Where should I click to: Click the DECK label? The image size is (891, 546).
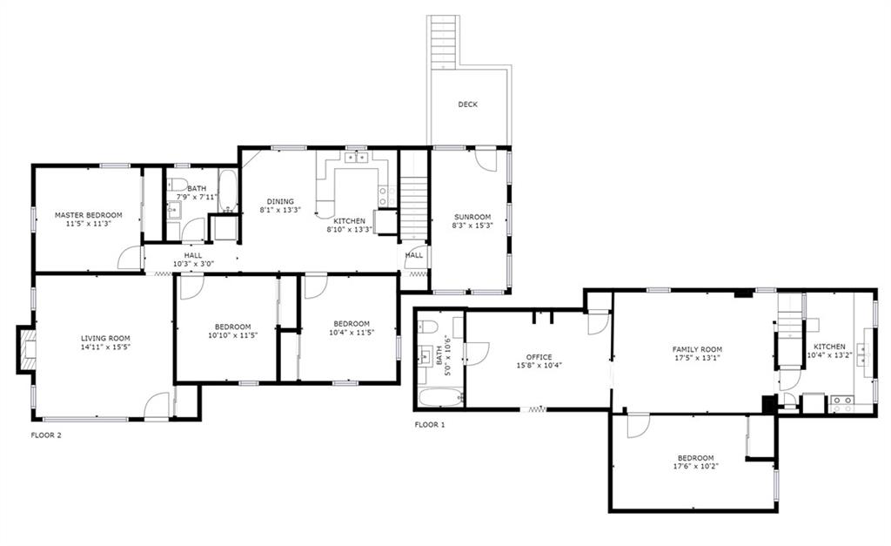pyautogui.click(x=467, y=104)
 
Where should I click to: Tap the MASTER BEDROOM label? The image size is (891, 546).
pyautogui.click(x=88, y=215)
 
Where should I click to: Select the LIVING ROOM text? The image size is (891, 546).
pyautogui.click(x=105, y=339)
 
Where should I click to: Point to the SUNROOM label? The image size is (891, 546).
pyautogui.click(x=472, y=217)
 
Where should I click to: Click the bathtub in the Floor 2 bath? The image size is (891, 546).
pyautogui.click(x=229, y=191)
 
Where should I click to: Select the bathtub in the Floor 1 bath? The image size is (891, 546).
pyautogui.click(x=441, y=398)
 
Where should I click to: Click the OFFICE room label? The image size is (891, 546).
pyautogui.click(x=539, y=357)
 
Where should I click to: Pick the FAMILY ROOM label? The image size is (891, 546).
pyautogui.click(x=697, y=350)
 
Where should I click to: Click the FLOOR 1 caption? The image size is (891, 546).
pyautogui.click(x=430, y=425)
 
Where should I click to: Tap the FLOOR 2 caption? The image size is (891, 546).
pyautogui.click(x=45, y=435)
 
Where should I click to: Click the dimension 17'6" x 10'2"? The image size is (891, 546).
pyautogui.click(x=695, y=467)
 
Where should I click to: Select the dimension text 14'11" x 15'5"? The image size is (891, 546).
pyautogui.click(x=105, y=347)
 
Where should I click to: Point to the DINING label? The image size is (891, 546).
pyautogui.click(x=280, y=201)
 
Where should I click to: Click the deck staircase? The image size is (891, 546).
pyautogui.click(x=443, y=42)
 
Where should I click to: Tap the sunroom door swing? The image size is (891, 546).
pyautogui.click(x=486, y=159)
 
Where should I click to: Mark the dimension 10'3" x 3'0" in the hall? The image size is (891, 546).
pyautogui.click(x=192, y=264)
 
